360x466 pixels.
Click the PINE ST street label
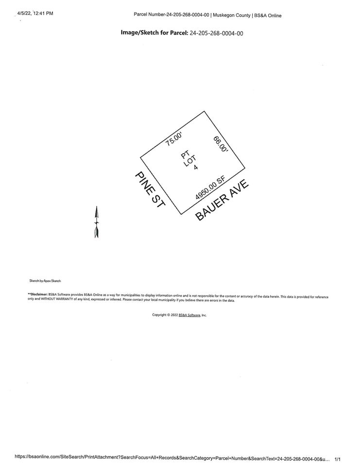(150, 190)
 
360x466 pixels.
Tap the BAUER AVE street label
(222, 200)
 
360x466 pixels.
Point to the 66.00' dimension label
(220, 144)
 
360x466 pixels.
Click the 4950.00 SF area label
(210, 188)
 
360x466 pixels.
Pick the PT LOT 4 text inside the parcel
(189, 161)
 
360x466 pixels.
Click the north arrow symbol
(96, 222)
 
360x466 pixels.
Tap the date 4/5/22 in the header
(24, 14)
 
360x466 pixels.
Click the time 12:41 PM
(43, 14)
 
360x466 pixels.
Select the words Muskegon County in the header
(232, 15)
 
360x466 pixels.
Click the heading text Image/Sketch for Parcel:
(154, 33)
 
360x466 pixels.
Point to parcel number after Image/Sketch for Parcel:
(216, 33)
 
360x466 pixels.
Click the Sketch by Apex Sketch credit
(45, 280)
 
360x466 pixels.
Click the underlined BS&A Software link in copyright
(189, 315)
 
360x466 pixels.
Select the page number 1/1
(338, 459)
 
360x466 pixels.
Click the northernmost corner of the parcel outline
(204, 111)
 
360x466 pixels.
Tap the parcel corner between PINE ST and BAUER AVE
(181, 214)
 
